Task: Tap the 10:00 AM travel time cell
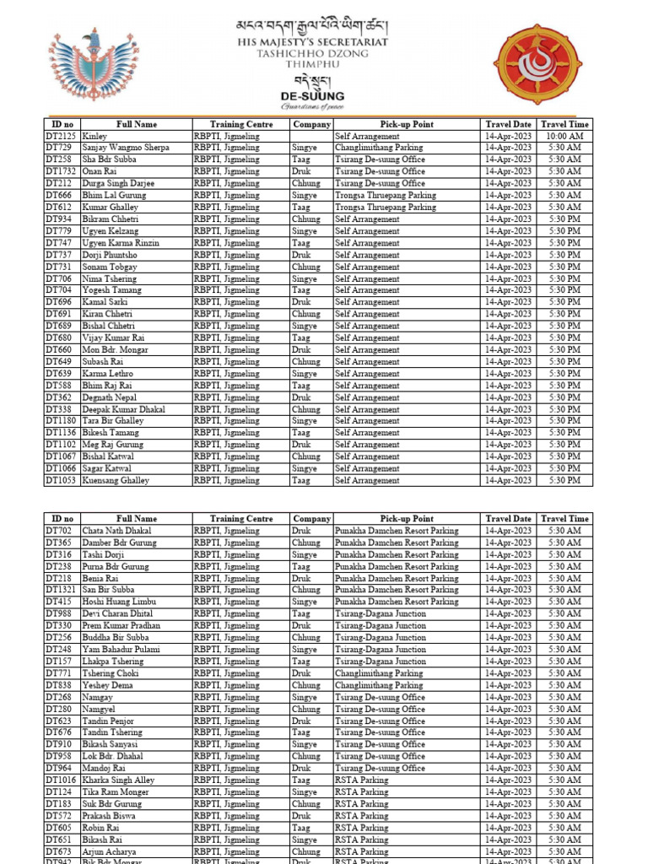tap(564, 136)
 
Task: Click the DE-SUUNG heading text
tap(312, 96)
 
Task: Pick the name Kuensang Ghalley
tap(116, 480)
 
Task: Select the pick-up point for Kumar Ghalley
tap(386, 207)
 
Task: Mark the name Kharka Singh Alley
tap(118, 780)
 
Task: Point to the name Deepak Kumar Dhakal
tap(123, 409)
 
